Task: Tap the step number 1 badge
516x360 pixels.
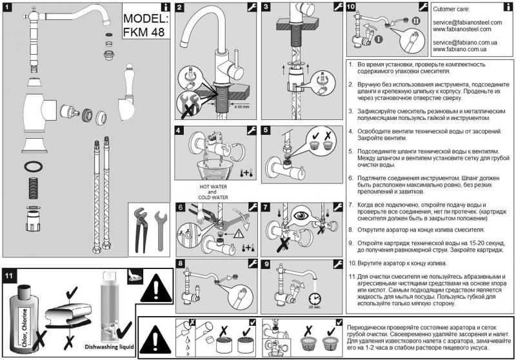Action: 7,8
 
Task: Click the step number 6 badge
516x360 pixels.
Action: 182,207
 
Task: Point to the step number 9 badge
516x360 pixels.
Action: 268,264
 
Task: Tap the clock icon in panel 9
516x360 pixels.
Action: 315,298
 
